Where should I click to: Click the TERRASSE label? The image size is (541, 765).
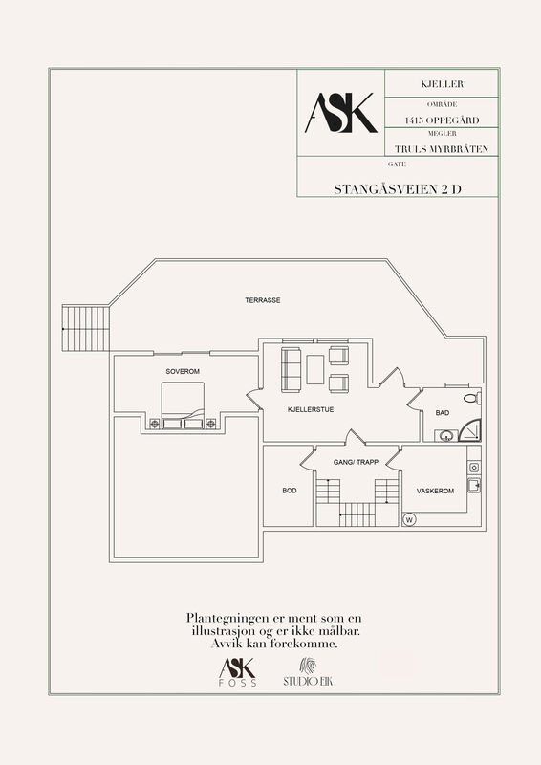coord(263,300)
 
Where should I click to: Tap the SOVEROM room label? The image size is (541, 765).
coord(183,371)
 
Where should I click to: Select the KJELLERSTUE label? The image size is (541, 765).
coord(311,410)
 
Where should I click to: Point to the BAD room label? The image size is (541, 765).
coord(443,413)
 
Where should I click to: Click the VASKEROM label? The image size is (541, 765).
coord(435,491)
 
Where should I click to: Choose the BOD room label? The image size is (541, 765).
coord(290,491)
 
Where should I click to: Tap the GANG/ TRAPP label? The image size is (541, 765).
coord(356,462)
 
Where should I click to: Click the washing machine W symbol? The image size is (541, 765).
coord(409,520)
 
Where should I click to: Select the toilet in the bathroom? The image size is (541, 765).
coord(472,398)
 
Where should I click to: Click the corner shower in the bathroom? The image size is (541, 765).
coord(470,430)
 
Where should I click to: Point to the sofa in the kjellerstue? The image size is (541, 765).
coord(291,369)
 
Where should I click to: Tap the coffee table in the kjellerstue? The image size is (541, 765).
coord(315,369)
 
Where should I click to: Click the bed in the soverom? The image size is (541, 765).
coord(183,405)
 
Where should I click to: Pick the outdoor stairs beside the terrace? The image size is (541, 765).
coord(86,328)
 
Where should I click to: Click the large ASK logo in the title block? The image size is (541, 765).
coord(341,113)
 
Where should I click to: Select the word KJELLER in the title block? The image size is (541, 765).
coord(442,84)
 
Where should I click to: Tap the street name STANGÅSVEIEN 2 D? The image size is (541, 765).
coord(398,189)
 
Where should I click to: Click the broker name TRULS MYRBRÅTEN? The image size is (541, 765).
coord(442,149)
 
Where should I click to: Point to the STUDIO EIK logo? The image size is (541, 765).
coord(308,672)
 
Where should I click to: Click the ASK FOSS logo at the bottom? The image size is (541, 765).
coord(238,672)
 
